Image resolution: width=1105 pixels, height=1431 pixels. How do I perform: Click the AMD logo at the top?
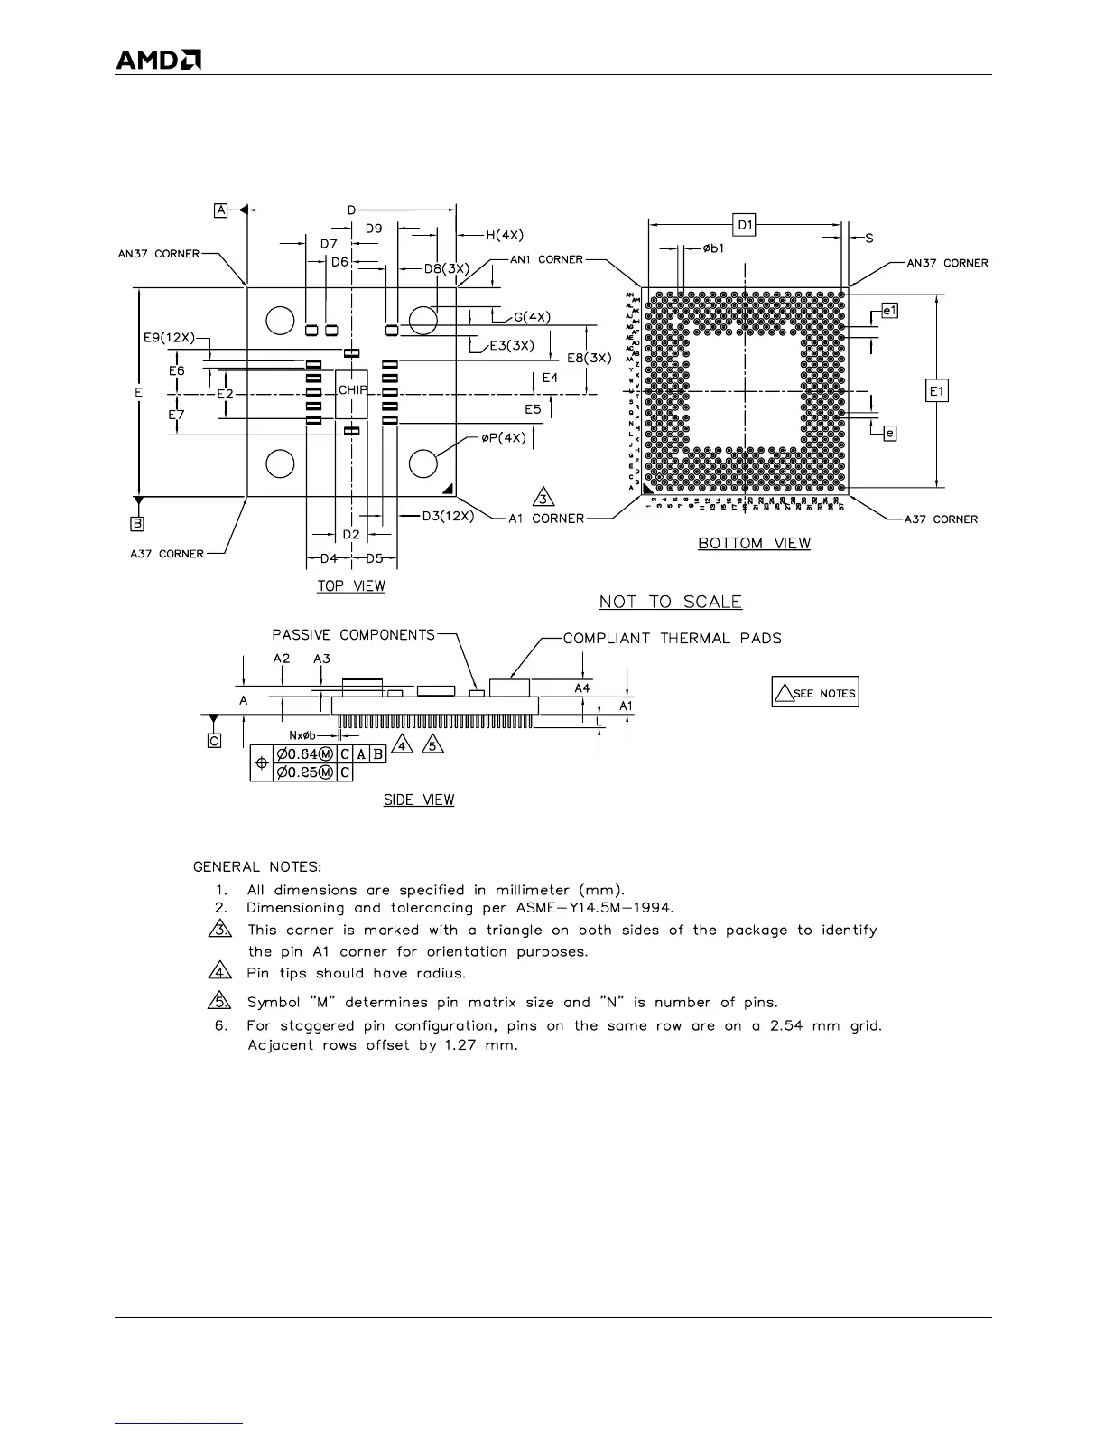coord(158,60)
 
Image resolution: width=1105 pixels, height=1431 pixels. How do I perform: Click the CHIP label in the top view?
coord(352,390)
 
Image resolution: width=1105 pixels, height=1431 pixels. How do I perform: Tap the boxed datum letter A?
coord(220,210)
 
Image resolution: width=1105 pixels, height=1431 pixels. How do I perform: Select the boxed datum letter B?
coord(137,523)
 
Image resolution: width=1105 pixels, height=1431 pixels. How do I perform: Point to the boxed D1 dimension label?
coord(745,224)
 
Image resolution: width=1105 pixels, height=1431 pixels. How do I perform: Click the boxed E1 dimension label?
coord(937,391)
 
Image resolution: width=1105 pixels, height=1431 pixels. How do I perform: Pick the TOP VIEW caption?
coord(351,586)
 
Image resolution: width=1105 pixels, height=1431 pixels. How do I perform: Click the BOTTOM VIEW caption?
coord(754,543)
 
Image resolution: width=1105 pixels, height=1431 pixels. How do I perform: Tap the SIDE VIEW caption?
coord(419,800)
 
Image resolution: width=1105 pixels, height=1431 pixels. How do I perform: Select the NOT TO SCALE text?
coord(671,602)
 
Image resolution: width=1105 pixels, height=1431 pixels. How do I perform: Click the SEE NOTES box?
coord(815,693)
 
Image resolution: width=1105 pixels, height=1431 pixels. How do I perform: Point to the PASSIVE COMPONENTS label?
coord(354,635)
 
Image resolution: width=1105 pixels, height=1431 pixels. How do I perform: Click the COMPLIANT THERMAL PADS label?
coord(673,639)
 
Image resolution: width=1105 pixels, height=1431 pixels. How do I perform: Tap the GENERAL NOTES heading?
coord(257,867)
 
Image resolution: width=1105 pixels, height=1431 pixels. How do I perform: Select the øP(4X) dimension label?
coord(503,438)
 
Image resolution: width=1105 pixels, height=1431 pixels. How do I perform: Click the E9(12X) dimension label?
coord(169,338)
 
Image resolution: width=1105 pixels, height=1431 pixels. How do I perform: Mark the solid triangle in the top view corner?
coord(448,490)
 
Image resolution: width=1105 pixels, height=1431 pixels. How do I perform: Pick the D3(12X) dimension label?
coord(448,516)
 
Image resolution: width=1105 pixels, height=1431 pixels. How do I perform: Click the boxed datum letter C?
coord(214,741)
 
